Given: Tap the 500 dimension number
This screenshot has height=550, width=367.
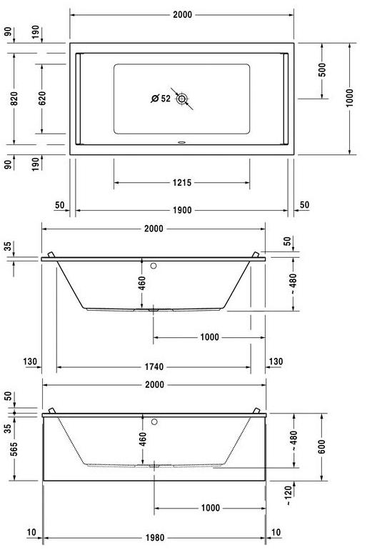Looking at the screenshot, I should (322, 70).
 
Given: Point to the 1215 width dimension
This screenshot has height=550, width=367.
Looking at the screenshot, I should (181, 183).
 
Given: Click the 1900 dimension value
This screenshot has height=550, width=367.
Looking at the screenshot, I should (181, 210).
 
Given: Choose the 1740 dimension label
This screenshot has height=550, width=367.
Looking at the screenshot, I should (154, 367).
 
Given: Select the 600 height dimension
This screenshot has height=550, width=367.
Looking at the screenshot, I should (322, 446).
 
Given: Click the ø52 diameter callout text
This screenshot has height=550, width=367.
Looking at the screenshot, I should (161, 99).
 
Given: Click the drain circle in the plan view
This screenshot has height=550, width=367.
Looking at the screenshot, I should (182, 99).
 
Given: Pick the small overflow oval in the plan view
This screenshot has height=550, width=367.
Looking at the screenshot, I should (182, 141).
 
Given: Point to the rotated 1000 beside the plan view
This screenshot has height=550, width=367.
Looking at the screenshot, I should (349, 98).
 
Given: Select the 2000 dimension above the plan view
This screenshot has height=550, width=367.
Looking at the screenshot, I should (182, 14).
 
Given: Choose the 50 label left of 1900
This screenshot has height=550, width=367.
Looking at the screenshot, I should (59, 206).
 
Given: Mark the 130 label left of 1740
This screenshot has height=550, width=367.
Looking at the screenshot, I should (29, 362).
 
